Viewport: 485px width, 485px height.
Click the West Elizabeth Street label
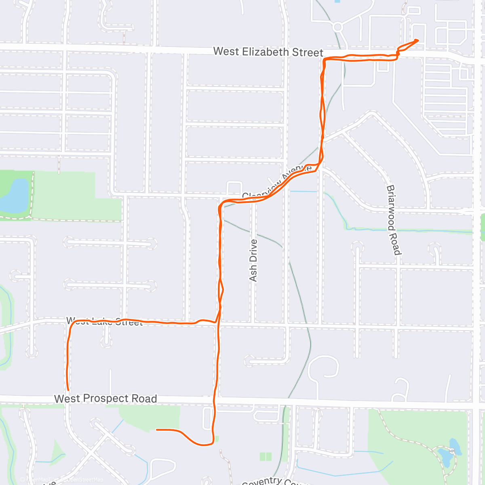click(x=268, y=52)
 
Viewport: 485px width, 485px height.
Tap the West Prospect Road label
click(x=105, y=399)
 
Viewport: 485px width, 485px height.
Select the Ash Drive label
click(x=253, y=260)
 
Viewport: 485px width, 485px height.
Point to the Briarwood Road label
click(x=393, y=220)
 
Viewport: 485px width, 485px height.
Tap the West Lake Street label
click(x=104, y=322)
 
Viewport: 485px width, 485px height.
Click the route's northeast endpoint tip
click(x=418, y=40)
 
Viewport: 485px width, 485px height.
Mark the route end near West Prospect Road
click(x=67, y=390)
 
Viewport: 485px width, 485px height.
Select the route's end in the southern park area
click(x=157, y=430)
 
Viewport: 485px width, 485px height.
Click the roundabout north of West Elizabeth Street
click(x=338, y=27)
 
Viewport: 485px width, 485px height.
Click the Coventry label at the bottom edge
click(x=262, y=481)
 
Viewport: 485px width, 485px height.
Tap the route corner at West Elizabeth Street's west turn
click(x=325, y=60)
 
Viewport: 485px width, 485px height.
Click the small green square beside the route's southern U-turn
click(x=217, y=439)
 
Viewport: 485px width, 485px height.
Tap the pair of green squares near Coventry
click(x=266, y=456)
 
